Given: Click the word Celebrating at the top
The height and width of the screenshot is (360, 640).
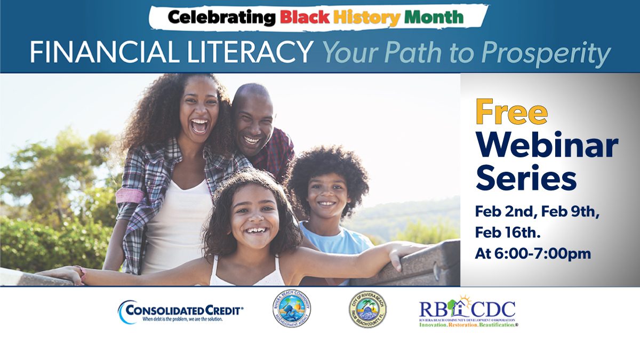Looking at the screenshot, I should point(221,18).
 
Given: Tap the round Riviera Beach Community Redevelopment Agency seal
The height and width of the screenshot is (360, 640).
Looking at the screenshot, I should point(292,309).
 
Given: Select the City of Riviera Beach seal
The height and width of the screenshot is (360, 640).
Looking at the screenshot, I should point(367,309).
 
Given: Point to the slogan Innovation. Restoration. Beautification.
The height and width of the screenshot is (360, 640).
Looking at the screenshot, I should point(468,324).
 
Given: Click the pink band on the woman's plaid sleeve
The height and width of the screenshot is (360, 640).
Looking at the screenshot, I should point(130,195).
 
